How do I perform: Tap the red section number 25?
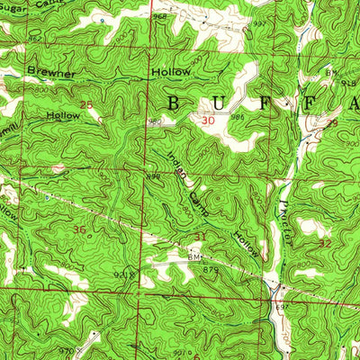87,105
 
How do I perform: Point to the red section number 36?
80,230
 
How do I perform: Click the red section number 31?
199,237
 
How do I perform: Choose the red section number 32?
325,243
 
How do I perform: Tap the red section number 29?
332,122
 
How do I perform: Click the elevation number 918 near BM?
349,83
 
